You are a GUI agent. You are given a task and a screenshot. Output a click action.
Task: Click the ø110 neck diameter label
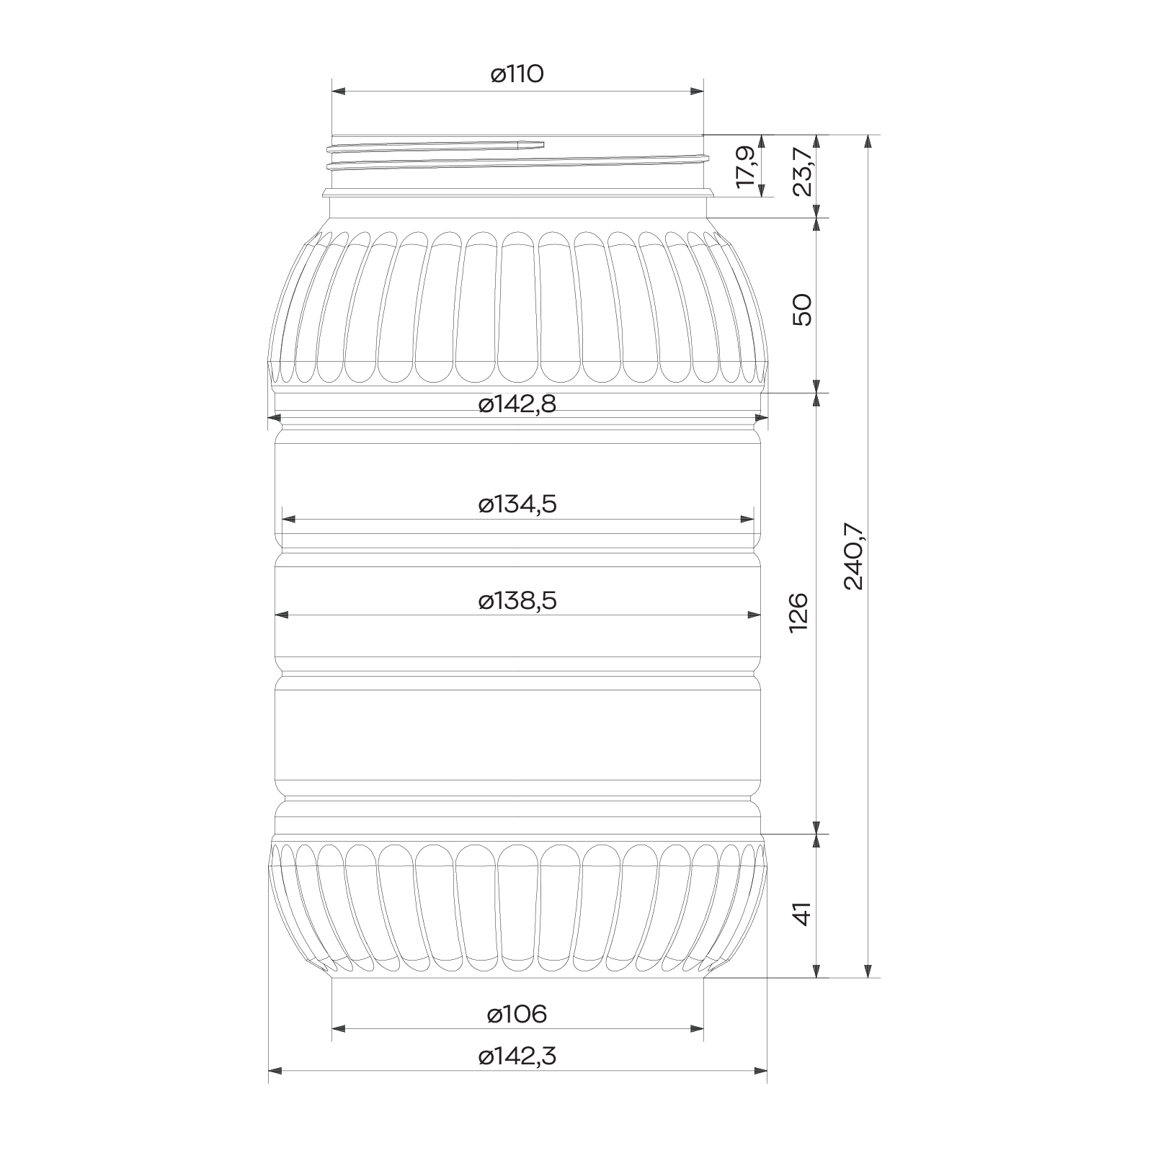pos(517,74)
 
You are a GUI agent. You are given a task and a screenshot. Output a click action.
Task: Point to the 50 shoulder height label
pos(802,310)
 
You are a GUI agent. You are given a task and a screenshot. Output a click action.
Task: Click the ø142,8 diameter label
pos(517,405)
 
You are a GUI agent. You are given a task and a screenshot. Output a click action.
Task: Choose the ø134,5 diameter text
pos(517,504)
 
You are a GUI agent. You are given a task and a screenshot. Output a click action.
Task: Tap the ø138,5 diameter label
pos(517,601)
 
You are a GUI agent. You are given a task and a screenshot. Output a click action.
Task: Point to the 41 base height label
pos(802,914)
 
